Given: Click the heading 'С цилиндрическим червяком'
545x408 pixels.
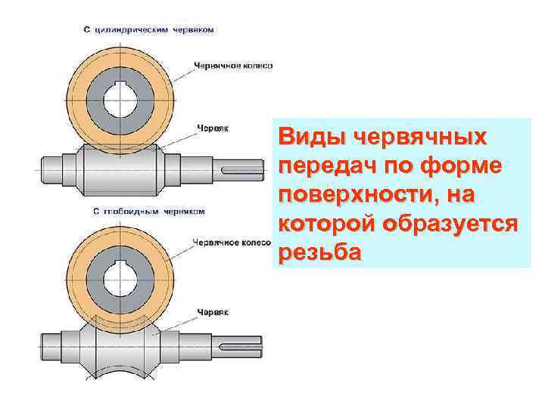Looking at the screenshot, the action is [x=148, y=30].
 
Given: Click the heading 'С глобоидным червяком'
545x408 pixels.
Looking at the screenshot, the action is [x=149, y=212].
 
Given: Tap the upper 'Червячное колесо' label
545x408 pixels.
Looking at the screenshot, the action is [x=233, y=66].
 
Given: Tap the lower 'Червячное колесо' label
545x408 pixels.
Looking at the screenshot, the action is [x=232, y=243].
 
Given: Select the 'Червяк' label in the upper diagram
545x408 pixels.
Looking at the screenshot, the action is [x=213, y=128].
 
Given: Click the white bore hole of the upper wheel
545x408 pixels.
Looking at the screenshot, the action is [x=121, y=97].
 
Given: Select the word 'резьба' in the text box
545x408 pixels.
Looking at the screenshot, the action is [x=319, y=253].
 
